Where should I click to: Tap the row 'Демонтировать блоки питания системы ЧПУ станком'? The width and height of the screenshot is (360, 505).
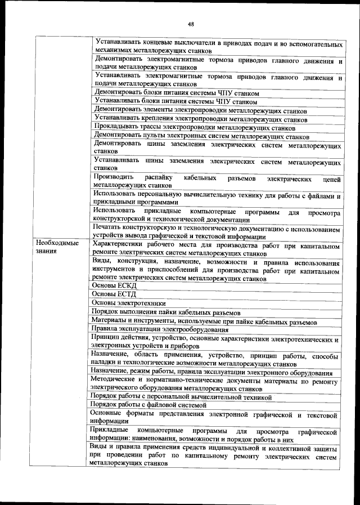(177, 92)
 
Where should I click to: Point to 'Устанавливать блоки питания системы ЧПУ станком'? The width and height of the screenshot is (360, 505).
(177, 102)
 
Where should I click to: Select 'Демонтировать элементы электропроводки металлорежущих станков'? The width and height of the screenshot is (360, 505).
(204, 110)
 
